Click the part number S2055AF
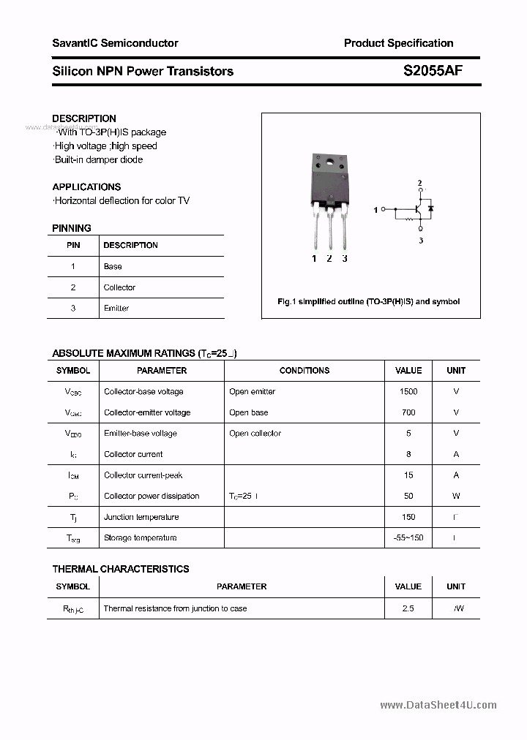pos(433,71)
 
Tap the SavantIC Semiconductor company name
pos(115,43)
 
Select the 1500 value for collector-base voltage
pos(408,392)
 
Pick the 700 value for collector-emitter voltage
pos(408,412)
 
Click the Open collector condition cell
pos(255,434)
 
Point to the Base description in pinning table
pos(113,267)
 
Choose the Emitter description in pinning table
pos(116,309)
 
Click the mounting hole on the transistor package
pos(329,161)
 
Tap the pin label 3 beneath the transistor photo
pos(345,259)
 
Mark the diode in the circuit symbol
pos(430,209)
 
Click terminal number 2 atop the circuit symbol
pos(419,183)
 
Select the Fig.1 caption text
pos(368,301)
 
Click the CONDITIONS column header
pos(304,371)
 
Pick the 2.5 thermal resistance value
pos(408,608)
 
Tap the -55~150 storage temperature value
pos(408,538)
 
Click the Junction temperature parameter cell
pos(141,517)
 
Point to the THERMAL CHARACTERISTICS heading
pos(121,569)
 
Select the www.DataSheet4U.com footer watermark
pos(438,706)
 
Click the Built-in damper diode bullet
pos(99,160)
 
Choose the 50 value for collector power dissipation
pos(408,497)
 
